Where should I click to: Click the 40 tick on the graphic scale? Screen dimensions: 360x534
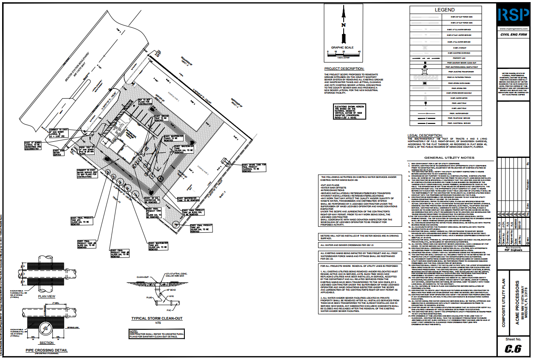coord(360,51)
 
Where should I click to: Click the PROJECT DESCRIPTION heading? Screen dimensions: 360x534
coord(344,69)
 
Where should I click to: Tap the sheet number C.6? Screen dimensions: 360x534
coord(513,349)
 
